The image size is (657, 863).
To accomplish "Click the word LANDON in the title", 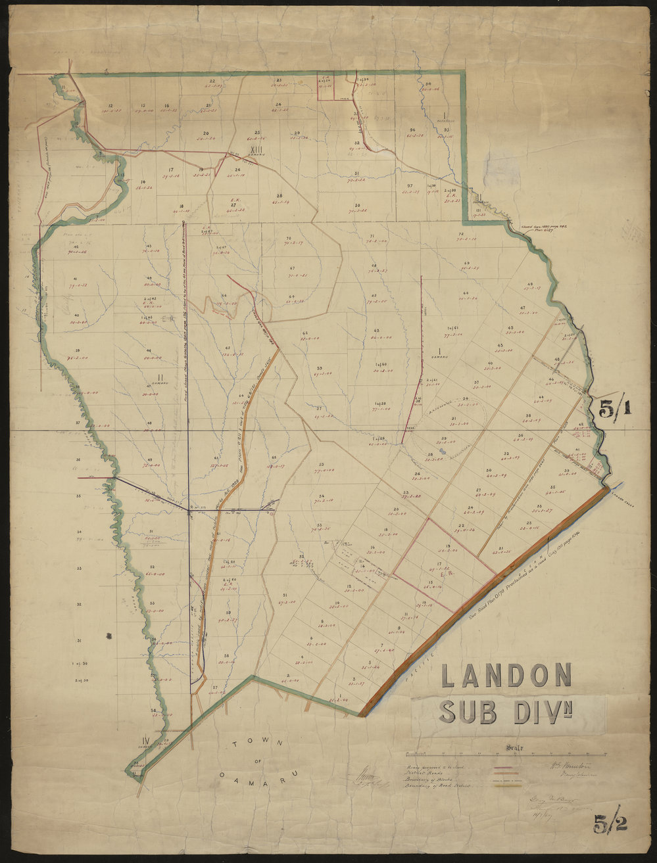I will [x=506, y=676].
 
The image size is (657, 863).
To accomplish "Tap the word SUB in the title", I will [x=469, y=711].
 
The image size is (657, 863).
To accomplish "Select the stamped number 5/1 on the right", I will [x=614, y=409].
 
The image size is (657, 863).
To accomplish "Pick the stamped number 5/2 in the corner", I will [x=610, y=823].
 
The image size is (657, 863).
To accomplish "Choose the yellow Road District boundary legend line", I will [x=506, y=785].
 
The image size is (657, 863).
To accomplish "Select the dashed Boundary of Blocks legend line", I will [x=506, y=779].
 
